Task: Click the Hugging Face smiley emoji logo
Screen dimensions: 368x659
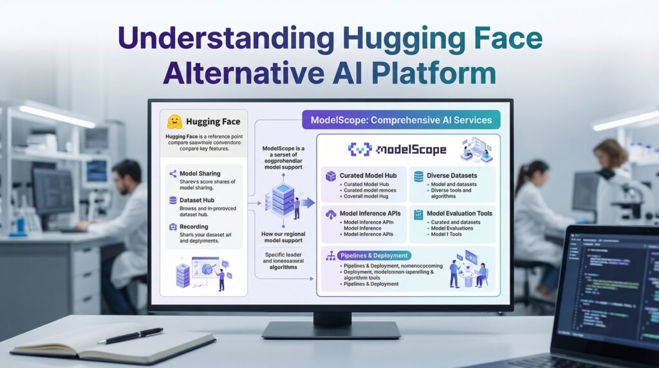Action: pyautogui.click(x=173, y=122)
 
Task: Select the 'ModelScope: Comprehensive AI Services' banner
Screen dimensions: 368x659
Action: pyautogui.click(x=401, y=120)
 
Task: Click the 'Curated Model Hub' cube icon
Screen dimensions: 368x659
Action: pyautogui.click(x=331, y=176)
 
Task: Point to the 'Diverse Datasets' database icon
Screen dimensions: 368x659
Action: pyautogui.click(x=418, y=176)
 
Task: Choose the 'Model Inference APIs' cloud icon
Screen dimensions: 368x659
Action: pyautogui.click(x=331, y=214)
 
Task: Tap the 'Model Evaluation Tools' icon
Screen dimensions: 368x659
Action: pyautogui.click(x=418, y=214)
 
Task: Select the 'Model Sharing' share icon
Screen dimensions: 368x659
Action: pyautogui.click(x=172, y=174)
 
